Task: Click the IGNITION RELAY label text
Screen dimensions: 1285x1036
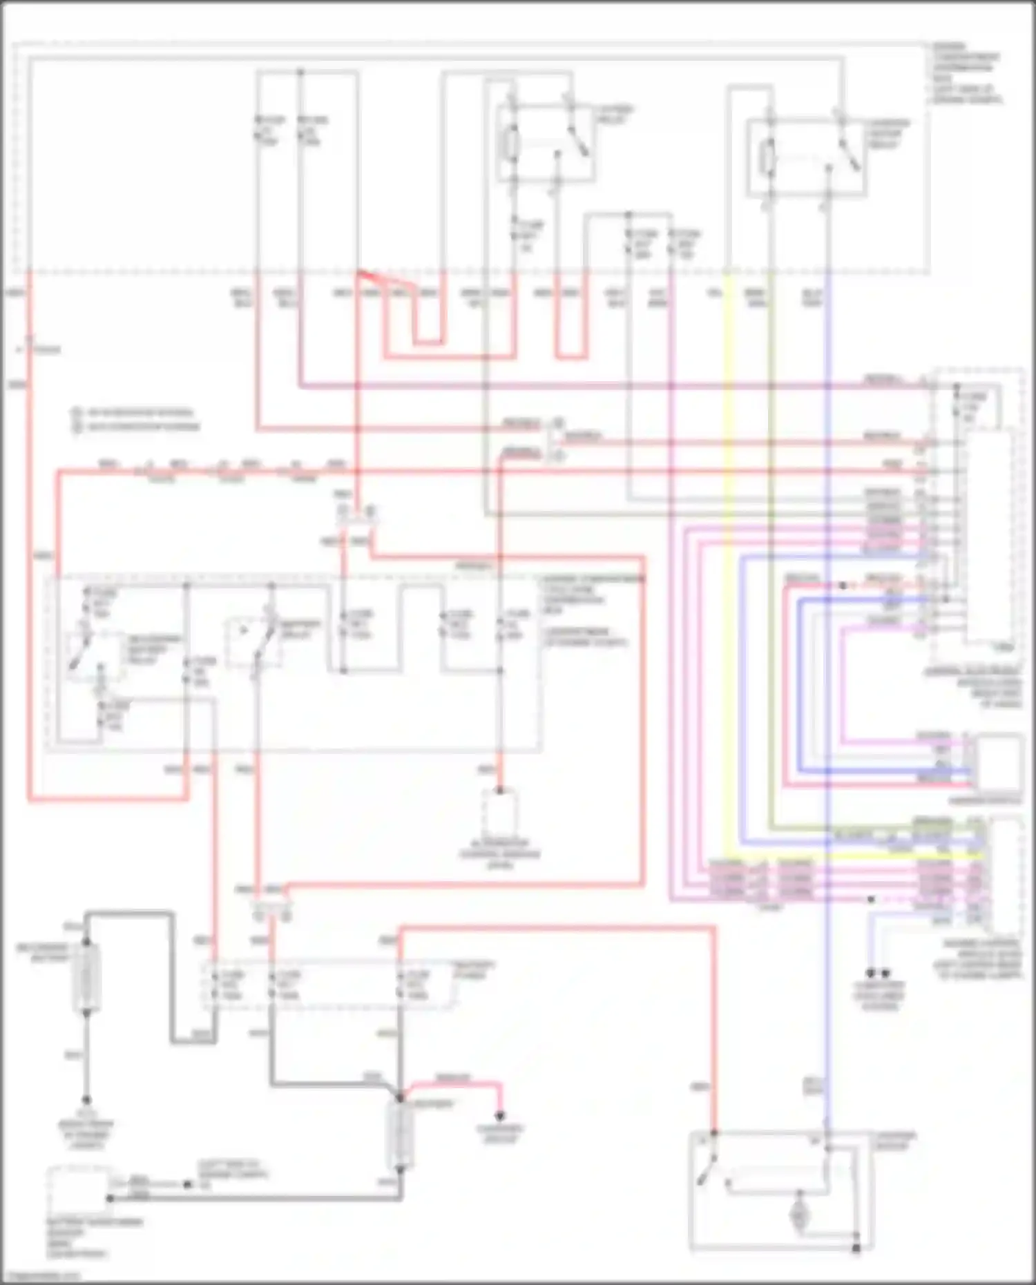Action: click(x=615, y=114)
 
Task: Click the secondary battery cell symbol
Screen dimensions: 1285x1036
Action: click(x=86, y=978)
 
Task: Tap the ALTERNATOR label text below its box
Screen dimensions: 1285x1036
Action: click(x=500, y=853)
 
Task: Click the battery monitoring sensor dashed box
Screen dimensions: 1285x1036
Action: click(x=79, y=1190)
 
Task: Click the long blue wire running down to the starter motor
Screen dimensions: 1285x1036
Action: click(x=827, y=690)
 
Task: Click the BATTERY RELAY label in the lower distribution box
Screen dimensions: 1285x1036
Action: click(x=300, y=629)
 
